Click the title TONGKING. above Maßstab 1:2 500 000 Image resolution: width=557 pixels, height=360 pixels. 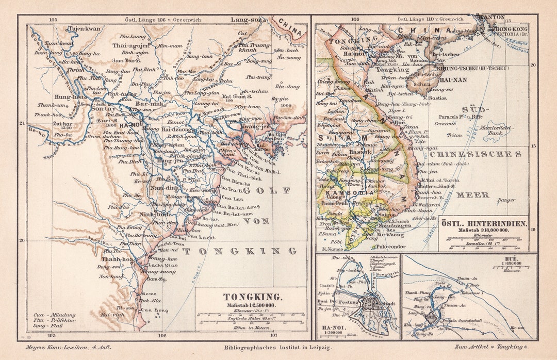(252, 297)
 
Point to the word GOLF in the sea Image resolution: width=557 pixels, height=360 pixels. (268, 190)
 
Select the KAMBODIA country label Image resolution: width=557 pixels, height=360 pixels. (355, 192)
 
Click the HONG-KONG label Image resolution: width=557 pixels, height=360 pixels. (511, 29)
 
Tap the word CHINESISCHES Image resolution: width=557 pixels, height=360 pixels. (475, 154)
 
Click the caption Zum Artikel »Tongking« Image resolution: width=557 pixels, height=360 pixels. (490, 348)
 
